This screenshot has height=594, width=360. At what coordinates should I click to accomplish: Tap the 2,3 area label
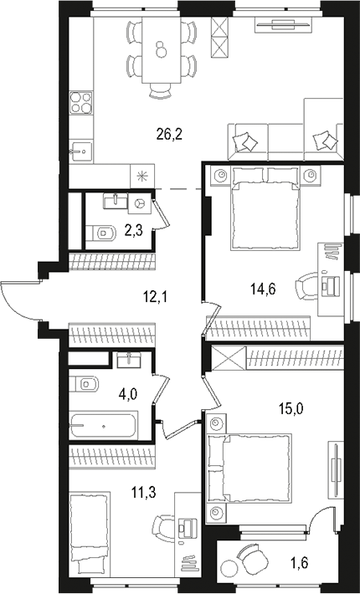tap(133, 228)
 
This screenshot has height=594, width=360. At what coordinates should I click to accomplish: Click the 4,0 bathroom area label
tap(126, 388)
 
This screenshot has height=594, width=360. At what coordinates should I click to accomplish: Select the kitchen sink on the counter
tap(80, 151)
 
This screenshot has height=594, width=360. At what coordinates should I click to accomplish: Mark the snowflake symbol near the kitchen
tap(141, 176)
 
